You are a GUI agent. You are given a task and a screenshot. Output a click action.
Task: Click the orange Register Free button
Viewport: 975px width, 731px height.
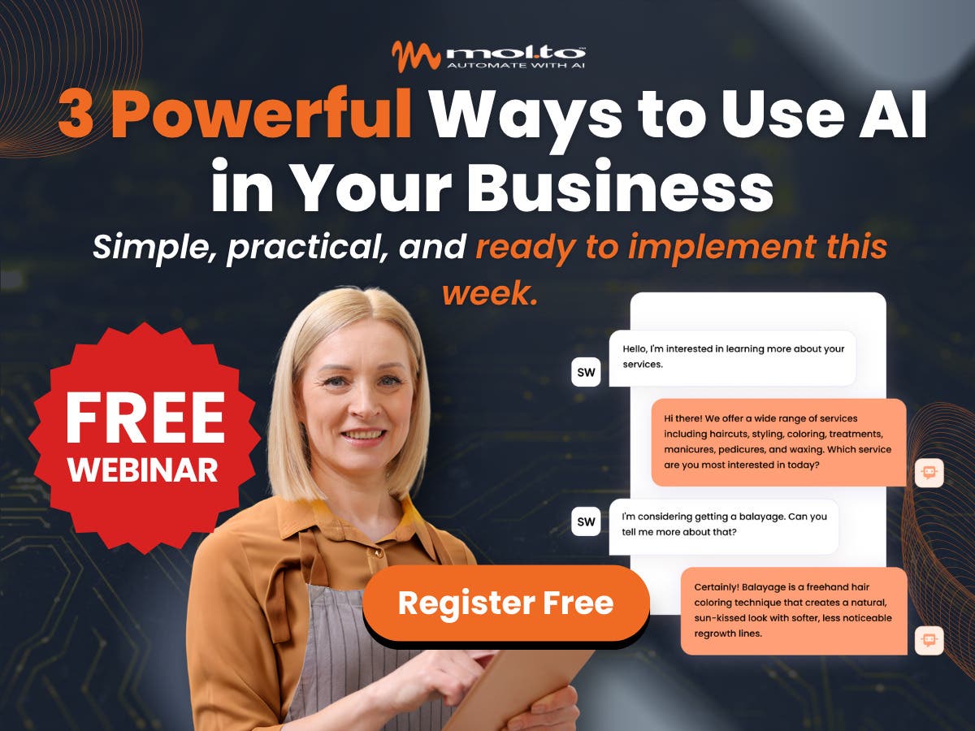(506, 603)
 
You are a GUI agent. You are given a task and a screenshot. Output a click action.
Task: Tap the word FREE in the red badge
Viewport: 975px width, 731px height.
(145, 417)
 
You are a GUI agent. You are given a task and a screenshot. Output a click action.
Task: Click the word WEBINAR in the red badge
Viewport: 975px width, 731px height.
(143, 470)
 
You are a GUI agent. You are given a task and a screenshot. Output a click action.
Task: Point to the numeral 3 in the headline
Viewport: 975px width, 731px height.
(76, 114)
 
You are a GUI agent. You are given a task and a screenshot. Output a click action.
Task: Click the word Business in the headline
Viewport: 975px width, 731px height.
(620, 186)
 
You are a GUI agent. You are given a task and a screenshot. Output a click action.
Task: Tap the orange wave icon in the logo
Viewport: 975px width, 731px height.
(416, 56)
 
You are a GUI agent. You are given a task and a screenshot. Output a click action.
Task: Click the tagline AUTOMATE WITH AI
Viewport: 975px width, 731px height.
(515, 66)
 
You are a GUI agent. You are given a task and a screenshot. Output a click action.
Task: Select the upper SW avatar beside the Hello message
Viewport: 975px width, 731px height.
(586, 372)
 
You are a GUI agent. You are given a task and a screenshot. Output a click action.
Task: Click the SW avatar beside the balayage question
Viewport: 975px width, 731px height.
(586, 521)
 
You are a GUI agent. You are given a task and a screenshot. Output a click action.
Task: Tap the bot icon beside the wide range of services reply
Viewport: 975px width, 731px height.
(929, 473)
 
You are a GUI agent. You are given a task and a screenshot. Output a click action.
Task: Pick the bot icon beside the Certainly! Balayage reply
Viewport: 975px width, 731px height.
(929, 641)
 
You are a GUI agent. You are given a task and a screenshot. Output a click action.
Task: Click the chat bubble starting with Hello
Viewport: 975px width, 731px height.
(732, 358)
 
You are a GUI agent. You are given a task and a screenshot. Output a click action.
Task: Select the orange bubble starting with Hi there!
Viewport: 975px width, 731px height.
(778, 442)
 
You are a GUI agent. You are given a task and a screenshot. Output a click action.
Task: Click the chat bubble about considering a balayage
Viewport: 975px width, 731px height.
(724, 526)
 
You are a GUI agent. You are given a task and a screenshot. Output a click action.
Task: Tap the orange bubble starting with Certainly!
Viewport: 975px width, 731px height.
(794, 611)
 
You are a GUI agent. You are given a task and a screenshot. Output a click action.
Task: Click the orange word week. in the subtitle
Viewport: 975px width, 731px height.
(491, 293)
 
